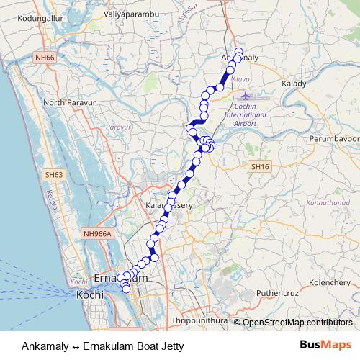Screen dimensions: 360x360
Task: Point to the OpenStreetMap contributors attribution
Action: point(296,323)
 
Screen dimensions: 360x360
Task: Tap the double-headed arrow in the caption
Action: point(76,346)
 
